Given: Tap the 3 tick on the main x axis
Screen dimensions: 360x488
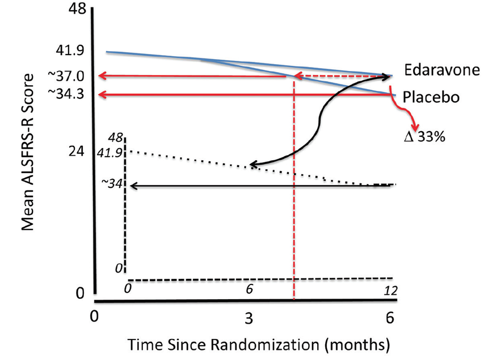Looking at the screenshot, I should (248, 318).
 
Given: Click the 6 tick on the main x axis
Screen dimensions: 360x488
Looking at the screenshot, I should (390, 318).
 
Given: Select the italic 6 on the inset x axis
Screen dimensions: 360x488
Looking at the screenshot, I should (248, 289).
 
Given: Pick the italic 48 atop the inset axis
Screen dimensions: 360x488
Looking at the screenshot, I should (116, 138).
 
